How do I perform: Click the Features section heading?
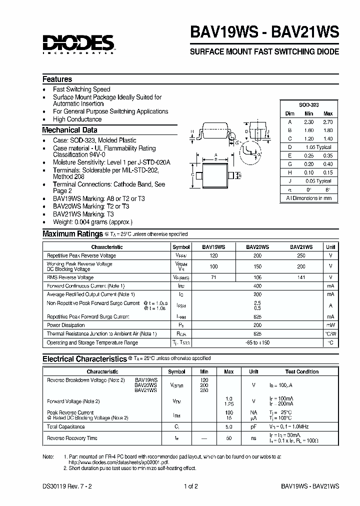pos(57,79)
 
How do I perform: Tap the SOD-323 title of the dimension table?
pos(308,105)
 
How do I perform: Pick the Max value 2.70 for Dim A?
pos(327,121)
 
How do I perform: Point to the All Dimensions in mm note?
pos(308,198)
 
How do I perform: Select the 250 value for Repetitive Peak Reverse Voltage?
pos(300,255)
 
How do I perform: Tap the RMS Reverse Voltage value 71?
pos(213,277)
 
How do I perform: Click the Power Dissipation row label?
pos(65,325)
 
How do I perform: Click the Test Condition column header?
pos(301,371)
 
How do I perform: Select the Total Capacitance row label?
pos(65,426)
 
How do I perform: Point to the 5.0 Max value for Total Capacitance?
pos(228,426)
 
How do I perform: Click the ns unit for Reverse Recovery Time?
pos(253,438)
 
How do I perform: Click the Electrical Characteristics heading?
pos(84,358)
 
